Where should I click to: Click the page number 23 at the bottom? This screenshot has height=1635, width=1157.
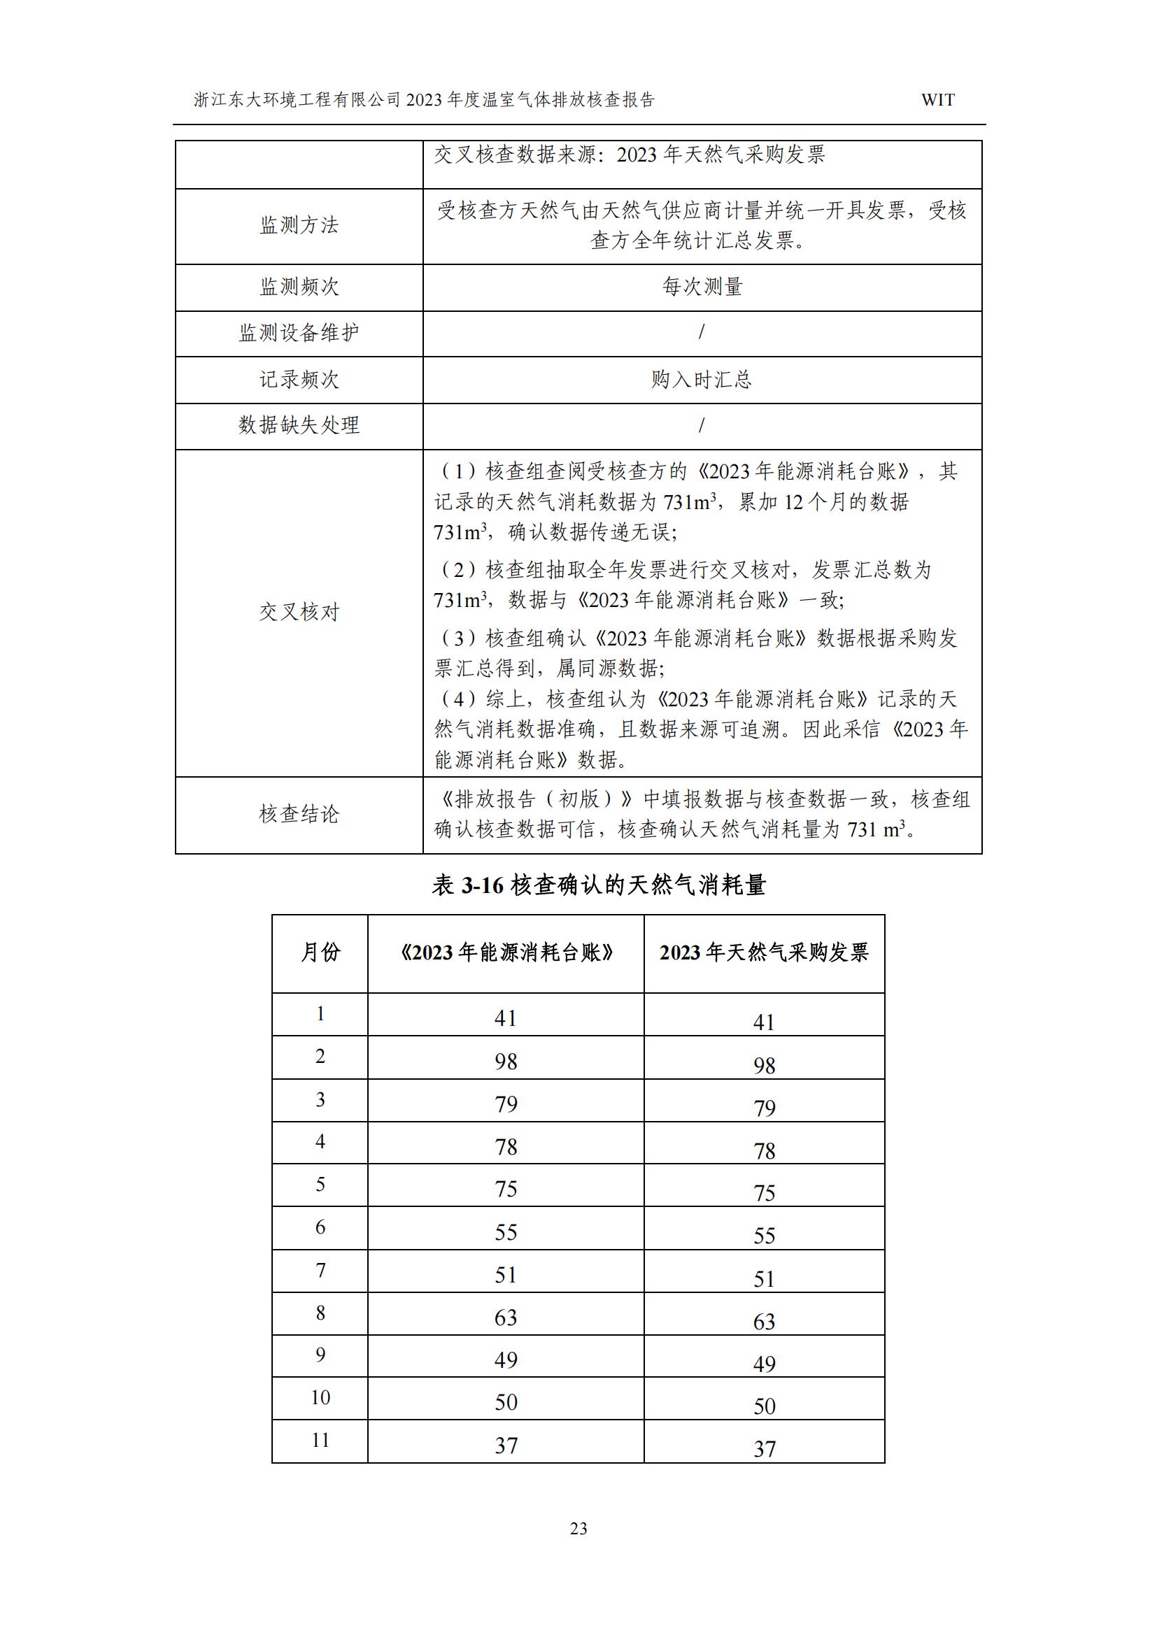click(578, 1528)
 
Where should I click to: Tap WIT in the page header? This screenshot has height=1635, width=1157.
click(937, 100)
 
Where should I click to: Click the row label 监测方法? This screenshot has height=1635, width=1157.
click(299, 226)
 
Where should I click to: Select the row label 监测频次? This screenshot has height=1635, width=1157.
click(299, 287)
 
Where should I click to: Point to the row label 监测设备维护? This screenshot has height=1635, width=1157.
click(299, 333)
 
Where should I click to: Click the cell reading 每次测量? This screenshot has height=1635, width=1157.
click(702, 287)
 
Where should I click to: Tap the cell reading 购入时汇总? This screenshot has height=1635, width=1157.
click(702, 380)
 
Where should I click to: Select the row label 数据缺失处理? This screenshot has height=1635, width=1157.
click(299, 425)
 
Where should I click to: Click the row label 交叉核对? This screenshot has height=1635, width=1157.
click(299, 612)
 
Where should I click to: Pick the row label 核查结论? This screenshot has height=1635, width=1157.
click(299, 814)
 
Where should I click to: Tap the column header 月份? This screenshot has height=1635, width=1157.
click(320, 952)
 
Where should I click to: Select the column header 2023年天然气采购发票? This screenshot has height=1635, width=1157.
click(764, 952)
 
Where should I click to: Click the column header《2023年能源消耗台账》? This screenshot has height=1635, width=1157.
click(506, 952)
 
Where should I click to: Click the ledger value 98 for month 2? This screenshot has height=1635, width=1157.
click(506, 1062)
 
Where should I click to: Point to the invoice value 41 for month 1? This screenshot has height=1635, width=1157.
click(764, 1022)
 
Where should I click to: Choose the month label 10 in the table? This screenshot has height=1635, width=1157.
click(320, 1397)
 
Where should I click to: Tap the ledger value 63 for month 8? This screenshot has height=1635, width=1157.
click(506, 1318)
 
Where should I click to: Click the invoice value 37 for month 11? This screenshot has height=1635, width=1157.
click(764, 1448)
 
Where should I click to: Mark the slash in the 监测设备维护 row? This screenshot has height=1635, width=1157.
click(702, 332)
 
